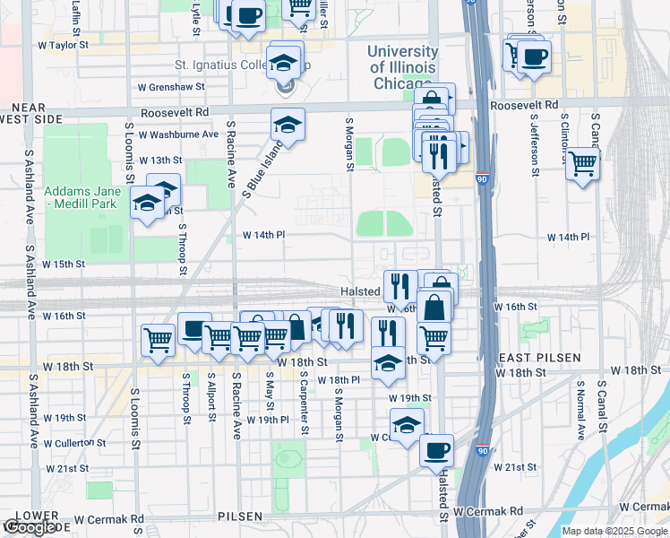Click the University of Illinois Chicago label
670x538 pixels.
pyautogui.click(x=402, y=67)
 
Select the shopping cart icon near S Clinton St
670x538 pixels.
pyautogui.click(x=582, y=163)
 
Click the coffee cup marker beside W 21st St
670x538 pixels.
pyautogui.click(x=436, y=450)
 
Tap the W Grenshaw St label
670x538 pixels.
pyautogui.click(x=171, y=87)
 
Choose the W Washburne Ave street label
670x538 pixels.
pyautogui.click(x=178, y=134)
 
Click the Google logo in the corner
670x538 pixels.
pyautogui.click(x=30, y=528)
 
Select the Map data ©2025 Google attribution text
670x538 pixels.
pyautogui.click(x=614, y=531)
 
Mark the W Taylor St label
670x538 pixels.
pyautogui.click(x=64, y=43)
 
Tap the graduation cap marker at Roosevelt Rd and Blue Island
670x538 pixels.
pyautogui.click(x=288, y=124)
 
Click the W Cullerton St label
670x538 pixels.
pyautogui.click(x=64, y=442)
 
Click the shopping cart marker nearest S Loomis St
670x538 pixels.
pyautogui.click(x=158, y=340)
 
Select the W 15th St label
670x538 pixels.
pyautogui.click(x=63, y=265)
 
